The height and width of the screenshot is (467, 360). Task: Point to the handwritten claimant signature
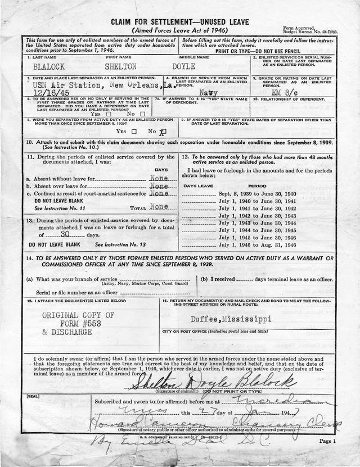pyautogui.click(x=214, y=383)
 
